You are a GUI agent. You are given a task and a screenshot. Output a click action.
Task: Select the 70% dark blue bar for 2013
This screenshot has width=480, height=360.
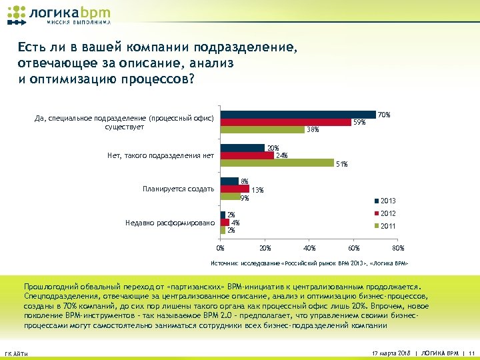298,115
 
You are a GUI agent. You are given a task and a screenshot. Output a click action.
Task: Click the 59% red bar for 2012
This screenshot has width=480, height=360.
286,122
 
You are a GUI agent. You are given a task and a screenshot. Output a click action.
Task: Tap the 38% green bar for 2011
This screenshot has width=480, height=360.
263,129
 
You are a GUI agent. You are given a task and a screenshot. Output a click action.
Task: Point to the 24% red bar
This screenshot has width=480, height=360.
247,155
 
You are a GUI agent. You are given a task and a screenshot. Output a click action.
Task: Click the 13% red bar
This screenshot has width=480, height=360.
235,189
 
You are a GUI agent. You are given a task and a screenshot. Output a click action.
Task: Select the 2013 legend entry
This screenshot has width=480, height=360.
385,201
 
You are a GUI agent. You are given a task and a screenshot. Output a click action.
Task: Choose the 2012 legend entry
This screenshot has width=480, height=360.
385,213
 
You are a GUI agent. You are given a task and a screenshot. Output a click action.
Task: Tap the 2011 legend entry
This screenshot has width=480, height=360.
385,226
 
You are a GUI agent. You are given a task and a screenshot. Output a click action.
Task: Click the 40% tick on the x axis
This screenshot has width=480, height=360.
309,248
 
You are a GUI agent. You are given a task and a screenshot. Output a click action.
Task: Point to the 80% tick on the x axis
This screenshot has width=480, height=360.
398,248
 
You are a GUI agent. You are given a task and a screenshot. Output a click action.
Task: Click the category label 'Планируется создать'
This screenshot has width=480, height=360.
178,189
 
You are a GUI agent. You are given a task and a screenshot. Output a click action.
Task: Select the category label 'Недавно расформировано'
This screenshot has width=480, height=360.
170,223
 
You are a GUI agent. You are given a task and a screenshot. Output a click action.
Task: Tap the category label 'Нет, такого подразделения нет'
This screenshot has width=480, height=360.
161,156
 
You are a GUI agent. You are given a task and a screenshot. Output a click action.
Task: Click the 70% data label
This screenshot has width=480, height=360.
384,115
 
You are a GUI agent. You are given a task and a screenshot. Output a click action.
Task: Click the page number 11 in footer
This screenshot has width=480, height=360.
471,352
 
